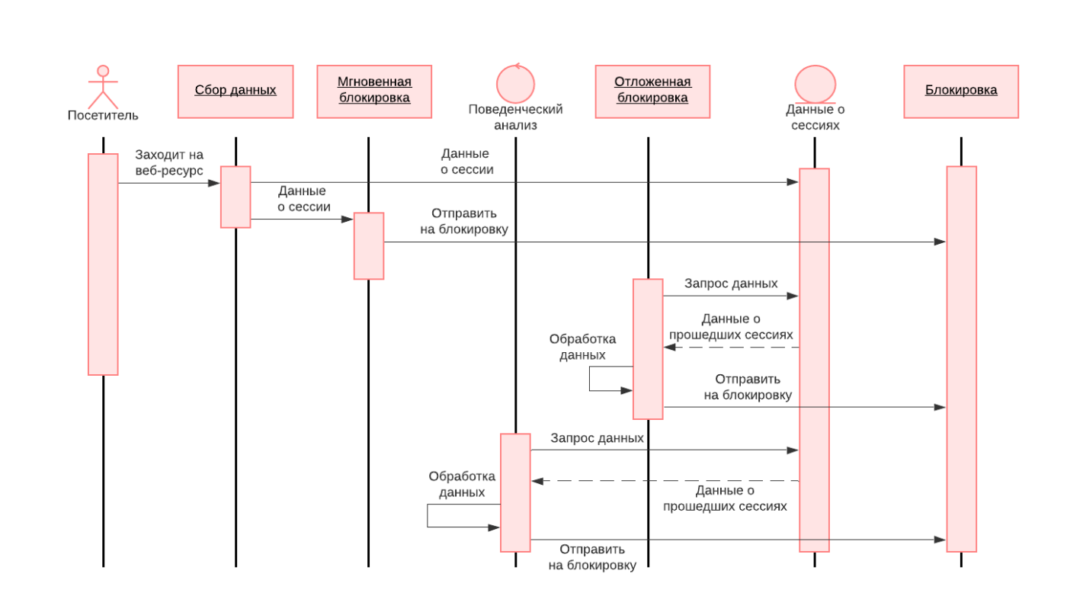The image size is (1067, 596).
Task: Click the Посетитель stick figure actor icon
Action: (x=103, y=86)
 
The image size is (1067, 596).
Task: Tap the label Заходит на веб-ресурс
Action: (x=169, y=162)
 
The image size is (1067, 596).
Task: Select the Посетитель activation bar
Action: (x=103, y=264)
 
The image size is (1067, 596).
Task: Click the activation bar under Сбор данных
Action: (x=236, y=197)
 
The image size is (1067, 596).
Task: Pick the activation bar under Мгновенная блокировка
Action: (x=369, y=246)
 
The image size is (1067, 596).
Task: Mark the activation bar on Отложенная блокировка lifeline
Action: (x=648, y=349)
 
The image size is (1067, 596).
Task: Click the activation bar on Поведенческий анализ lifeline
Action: (x=515, y=492)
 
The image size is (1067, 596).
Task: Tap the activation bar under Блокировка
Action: (x=961, y=359)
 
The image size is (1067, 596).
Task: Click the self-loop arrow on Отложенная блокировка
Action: (x=590, y=379)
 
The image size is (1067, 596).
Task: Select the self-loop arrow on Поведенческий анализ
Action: (x=428, y=515)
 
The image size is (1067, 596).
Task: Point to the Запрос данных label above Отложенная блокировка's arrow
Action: (x=731, y=284)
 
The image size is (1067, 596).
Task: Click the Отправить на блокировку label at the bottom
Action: (x=592, y=557)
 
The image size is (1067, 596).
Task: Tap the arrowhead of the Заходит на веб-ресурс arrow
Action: (x=214, y=183)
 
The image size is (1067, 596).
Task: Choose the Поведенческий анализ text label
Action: (x=515, y=117)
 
